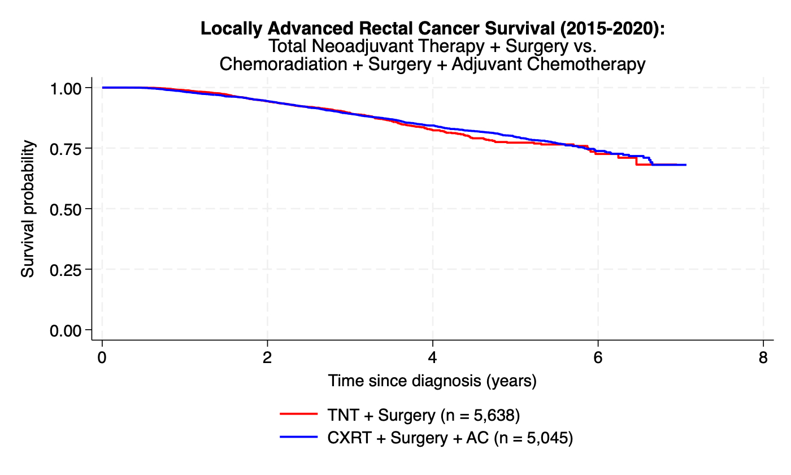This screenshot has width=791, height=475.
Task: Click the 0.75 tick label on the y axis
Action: tap(66, 148)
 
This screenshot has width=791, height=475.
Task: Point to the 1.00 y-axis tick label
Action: tap(66, 88)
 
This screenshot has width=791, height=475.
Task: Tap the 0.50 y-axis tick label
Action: tap(66, 209)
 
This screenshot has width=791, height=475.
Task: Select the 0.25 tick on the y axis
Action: tap(66, 269)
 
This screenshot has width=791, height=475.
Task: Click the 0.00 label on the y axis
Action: tap(66, 330)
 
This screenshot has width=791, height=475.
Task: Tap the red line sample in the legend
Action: tap(299, 415)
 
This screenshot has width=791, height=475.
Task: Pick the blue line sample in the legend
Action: tap(299, 438)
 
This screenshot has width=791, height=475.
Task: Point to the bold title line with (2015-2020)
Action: tap(432, 29)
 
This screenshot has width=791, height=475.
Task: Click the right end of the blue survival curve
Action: tap(685, 165)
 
